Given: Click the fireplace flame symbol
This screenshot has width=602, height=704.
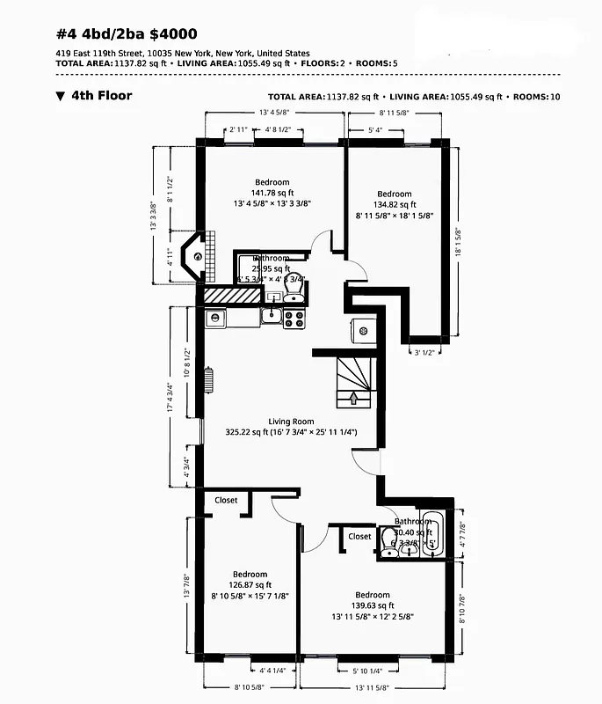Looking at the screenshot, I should pyautogui.click(x=199, y=256).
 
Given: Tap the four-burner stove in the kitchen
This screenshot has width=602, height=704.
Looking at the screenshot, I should pyautogui.click(x=294, y=317).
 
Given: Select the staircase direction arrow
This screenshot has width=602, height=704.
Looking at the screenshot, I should pyautogui.click(x=353, y=398).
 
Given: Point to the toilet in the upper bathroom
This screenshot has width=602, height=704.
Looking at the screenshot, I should pyautogui.click(x=296, y=286).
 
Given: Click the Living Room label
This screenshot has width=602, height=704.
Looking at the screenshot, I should pyautogui.click(x=291, y=422).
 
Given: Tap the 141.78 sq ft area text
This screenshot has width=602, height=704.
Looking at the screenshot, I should pyautogui.click(x=272, y=193).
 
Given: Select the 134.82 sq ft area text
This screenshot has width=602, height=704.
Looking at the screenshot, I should pyautogui.click(x=395, y=204).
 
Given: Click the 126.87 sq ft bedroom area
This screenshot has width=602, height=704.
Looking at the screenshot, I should pyautogui.click(x=250, y=585).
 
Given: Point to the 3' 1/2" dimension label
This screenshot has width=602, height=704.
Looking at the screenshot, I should pyautogui.click(x=425, y=352).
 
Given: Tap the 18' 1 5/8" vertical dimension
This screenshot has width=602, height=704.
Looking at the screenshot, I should pyautogui.click(x=457, y=243).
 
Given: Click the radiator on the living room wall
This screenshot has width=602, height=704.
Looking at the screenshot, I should pyautogui.click(x=209, y=380).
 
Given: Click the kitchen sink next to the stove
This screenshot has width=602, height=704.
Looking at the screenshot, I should pyautogui.click(x=272, y=317).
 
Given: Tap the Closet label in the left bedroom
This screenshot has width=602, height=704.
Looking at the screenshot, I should pyautogui.click(x=226, y=500).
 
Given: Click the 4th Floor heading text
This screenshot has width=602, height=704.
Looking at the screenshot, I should pyautogui.click(x=100, y=95).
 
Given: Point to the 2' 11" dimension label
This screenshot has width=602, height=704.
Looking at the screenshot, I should pyautogui.click(x=238, y=129).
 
